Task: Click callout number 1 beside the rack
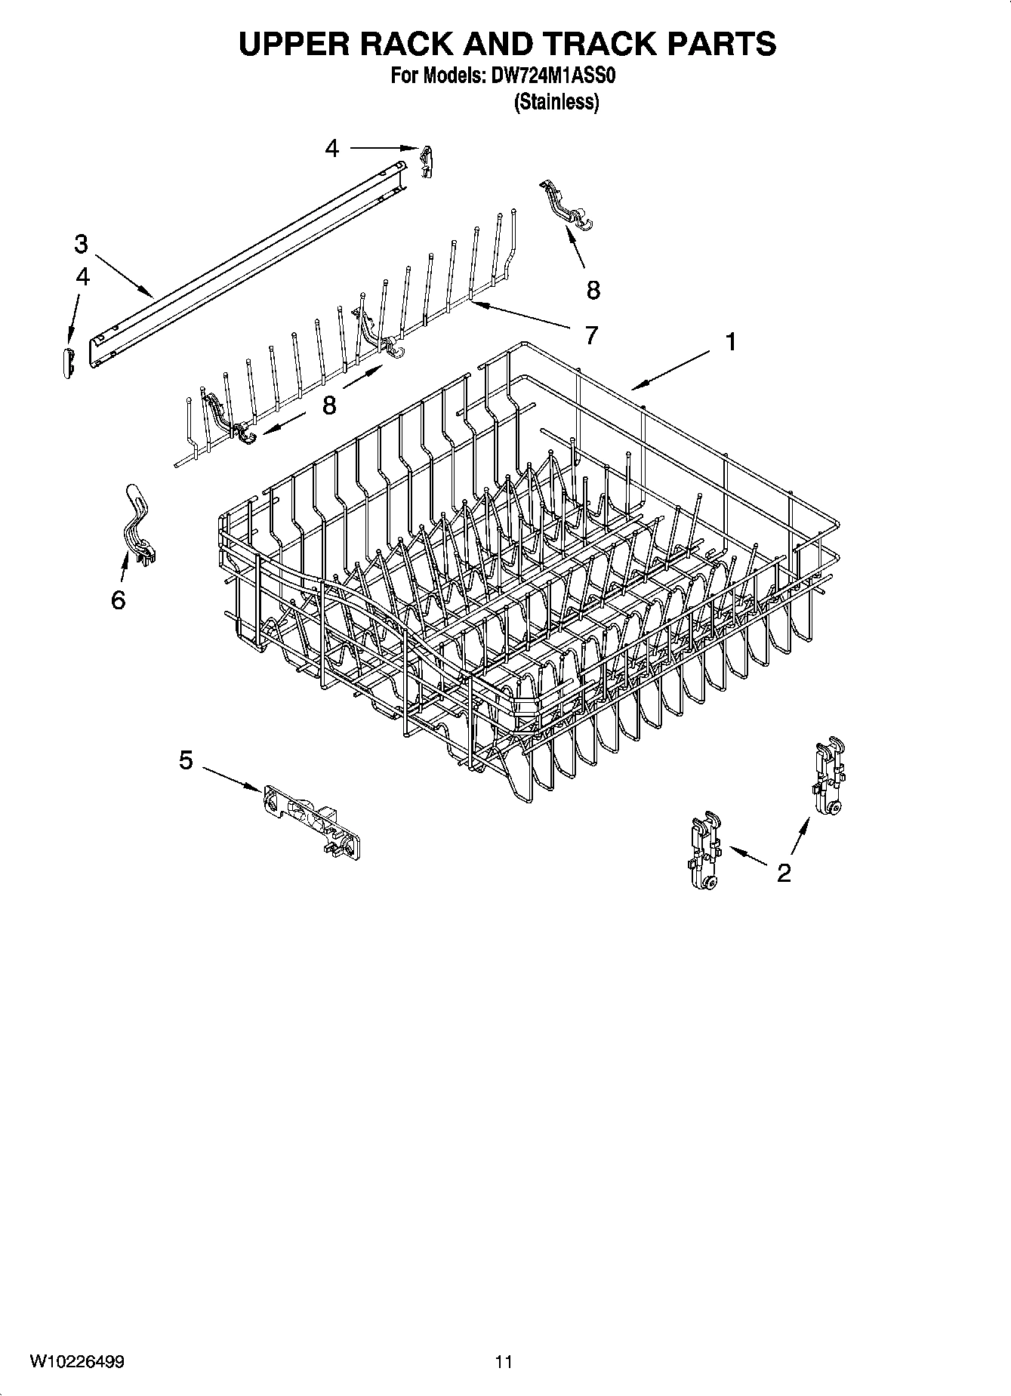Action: [730, 343]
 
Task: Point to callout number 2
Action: [784, 873]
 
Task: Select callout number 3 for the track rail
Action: [81, 245]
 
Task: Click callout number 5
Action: [186, 760]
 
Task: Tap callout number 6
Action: [118, 600]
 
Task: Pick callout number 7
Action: [591, 334]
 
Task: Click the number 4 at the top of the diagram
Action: [332, 149]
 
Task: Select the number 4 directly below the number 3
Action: [82, 277]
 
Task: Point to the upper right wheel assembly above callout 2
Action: [829, 778]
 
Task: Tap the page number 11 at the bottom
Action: [504, 1361]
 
